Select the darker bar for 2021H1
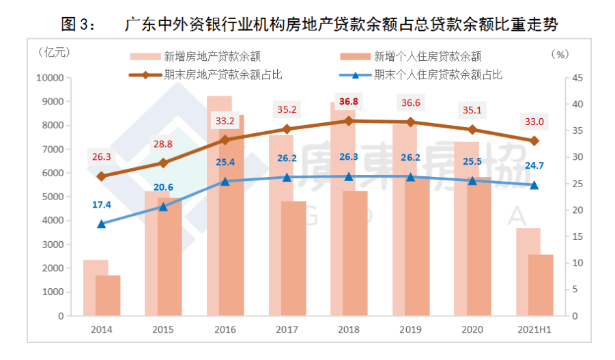(x=541, y=285)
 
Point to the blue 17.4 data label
(x=101, y=204)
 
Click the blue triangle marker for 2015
(x=163, y=206)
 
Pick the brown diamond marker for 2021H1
(x=534, y=141)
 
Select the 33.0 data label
(x=534, y=122)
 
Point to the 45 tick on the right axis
(x=577, y=78)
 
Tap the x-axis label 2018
(x=349, y=329)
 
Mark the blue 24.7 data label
(x=534, y=166)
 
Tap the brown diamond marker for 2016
(x=225, y=139)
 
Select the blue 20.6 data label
(x=163, y=188)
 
